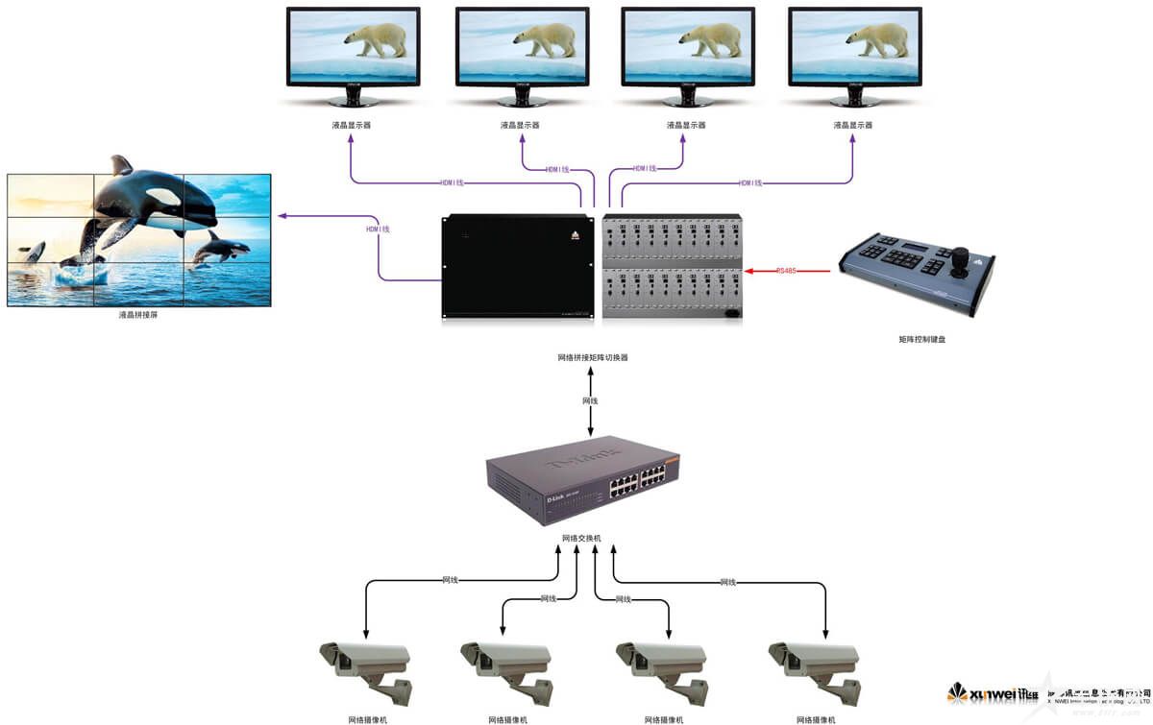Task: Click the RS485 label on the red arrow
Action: pos(785,271)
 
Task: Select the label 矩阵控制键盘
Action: pos(928,339)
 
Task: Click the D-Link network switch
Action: pos(582,479)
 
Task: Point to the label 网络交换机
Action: pos(581,539)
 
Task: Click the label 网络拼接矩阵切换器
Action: pos(592,357)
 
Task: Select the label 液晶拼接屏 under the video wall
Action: pos(138,315)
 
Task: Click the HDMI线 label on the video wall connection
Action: pos(378,230)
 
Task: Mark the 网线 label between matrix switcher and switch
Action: pos(590,400)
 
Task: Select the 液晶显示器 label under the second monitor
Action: pos(520,125)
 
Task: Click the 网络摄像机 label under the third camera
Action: pos(664,719)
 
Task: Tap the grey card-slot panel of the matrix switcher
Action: pos(672,267)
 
